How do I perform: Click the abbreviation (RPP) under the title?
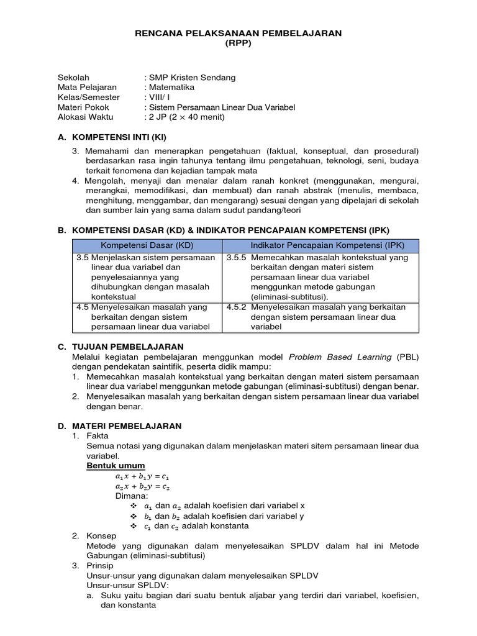tap(238, 43)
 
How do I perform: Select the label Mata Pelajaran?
tap(87, 88)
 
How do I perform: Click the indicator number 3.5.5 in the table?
tap(237, 257)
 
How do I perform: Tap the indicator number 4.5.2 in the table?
tap(237, 307)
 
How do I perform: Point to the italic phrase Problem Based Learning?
tap(340, 357)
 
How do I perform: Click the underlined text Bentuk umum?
tap(116, 465)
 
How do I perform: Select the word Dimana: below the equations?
tap(132, 496)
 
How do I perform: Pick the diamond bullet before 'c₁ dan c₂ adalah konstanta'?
tap(133, 525)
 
